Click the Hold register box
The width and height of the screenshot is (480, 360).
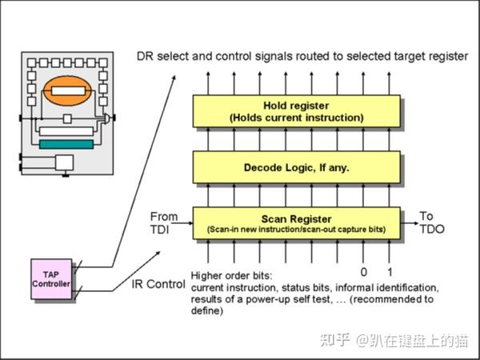click(x=296, y=111)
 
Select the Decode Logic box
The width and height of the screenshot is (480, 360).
click(x=296, y=167)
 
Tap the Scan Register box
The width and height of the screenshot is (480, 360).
click(x=296, y=223)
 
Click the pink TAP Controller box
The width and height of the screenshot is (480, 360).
click(x=51, y=279)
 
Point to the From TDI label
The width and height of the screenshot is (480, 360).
click(x=164, y=223)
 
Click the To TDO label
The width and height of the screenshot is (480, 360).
click(x=432, y=222)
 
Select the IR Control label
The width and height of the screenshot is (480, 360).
click(x=158, y=284)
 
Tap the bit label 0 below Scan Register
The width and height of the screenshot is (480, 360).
click(x=363, y=272)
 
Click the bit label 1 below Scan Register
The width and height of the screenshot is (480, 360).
click(x=390, y=272)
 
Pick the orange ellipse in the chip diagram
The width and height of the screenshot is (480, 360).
click(x=67, y=90)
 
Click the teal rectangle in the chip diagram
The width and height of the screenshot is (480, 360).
click(x=66, y=144)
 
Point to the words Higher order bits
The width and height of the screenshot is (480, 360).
click(x=231, y=276)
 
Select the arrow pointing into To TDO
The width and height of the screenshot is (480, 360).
click(x=410, y=223)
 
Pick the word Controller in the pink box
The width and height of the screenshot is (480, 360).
click(x=51, y=284)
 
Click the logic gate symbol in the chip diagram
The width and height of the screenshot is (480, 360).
click(x=107, y=118)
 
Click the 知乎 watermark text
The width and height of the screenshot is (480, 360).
click(x=335, y=341)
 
